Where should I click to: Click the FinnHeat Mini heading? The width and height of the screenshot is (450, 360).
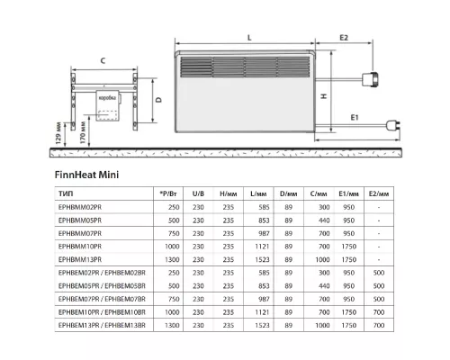coord(85,175)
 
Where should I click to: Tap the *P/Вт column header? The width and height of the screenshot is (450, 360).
coord(167,193)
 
